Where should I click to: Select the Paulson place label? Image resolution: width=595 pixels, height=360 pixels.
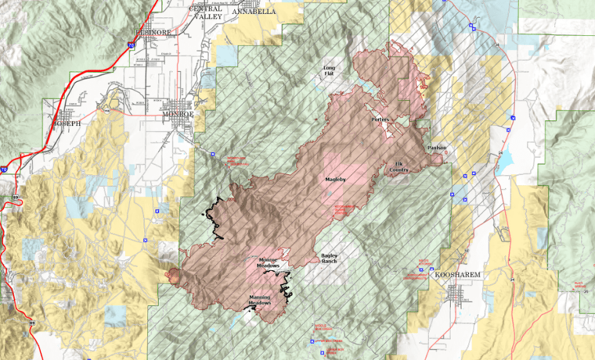pos(436,147)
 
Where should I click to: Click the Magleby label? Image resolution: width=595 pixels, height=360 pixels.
pos(333,180)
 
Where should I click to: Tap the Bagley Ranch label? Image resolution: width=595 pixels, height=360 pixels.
pos(332,259)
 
